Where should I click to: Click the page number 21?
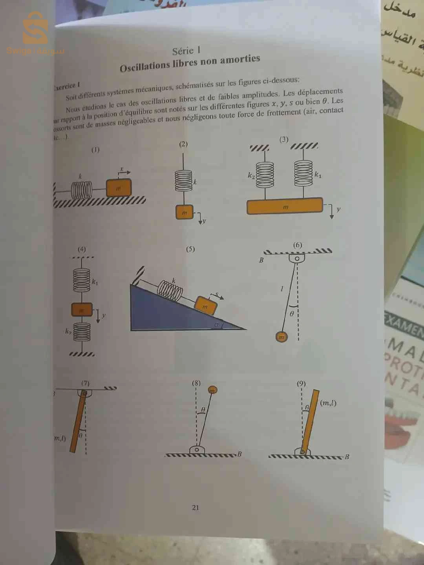click(x=196, y=507)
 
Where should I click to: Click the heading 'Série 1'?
click(x=186, y=51)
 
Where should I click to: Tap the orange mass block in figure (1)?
click(x=119, y=188)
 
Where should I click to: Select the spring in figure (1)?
click(x=82, y=191)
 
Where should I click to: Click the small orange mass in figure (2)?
click(x=185, y=212)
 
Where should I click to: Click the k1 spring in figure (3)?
click(x=303, y=173)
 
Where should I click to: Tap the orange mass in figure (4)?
click(x=82, y=310)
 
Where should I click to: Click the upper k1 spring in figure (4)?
click(x=82, y=280)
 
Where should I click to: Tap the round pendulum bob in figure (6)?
click(x=281, y=337)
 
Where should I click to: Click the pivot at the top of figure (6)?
click(x=297, y=258)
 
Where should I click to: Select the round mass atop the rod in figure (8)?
click(x=212, y=390)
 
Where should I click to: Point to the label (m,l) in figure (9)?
click(x=328, y=403)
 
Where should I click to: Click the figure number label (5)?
click(x=190, y=249)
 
